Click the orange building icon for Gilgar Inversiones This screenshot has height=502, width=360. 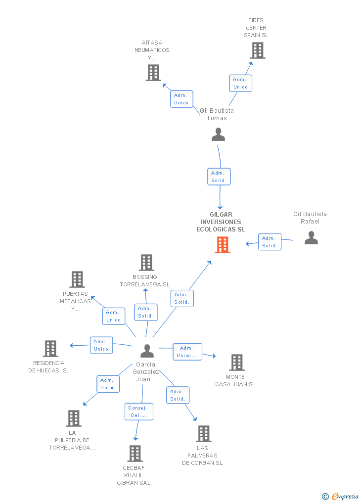223,245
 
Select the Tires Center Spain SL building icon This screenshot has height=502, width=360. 257,50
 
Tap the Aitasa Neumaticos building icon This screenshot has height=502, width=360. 153,73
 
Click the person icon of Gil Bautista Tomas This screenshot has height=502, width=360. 218,135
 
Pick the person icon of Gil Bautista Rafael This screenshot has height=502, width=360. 311,238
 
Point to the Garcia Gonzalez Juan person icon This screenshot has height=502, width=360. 147,351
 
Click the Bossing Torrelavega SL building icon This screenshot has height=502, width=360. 146,263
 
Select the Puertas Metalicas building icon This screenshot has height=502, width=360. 77,279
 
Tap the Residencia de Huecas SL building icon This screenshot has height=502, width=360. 50,349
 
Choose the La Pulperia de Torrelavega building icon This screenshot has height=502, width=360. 74,418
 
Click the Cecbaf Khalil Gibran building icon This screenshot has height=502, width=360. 135,454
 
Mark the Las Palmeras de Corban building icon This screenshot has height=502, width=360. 203,434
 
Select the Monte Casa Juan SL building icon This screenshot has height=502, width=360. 237,363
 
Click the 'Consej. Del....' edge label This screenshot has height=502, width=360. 138,411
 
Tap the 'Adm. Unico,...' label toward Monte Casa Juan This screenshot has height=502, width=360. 187,352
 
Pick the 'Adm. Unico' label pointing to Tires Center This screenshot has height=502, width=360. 240,83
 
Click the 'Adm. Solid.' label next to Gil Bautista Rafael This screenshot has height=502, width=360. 270,242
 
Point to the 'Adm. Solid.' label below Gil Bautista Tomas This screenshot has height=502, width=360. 219,177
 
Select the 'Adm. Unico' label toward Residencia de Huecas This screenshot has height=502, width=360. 101,345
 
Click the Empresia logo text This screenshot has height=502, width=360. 345,496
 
